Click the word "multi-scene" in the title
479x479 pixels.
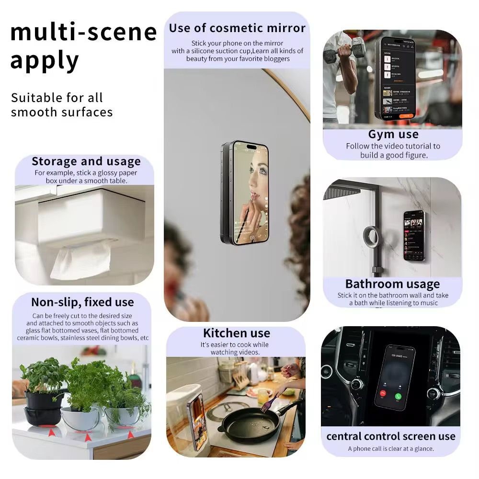pos(83,32)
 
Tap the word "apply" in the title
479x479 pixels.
pos(44,61)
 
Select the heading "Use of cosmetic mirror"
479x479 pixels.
pos(237,28)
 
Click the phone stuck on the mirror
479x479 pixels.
pos(245,192)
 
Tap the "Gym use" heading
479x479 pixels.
pos(393,134)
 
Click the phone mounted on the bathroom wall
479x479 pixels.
pos(413,235)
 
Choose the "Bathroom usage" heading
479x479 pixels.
pos(392,284)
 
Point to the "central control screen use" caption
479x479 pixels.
pos(390,436)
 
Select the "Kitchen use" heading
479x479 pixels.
pos(236,333)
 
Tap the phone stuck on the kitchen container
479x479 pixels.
pos(197,414)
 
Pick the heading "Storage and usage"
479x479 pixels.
pos(86,161)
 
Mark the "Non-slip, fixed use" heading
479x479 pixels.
pos(82,302)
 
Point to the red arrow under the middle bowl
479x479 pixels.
pos(88,436)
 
